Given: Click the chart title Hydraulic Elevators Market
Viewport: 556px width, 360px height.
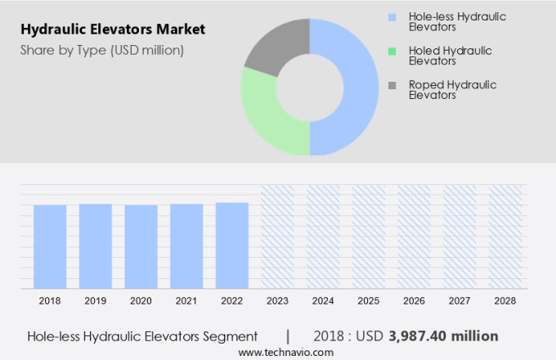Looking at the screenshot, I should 112,30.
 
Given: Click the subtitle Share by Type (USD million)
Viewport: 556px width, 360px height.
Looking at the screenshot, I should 101,51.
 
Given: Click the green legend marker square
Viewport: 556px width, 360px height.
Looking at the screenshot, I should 392,51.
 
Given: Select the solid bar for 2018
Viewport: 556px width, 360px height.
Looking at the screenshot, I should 50,246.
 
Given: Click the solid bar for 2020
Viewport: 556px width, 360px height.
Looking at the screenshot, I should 141,246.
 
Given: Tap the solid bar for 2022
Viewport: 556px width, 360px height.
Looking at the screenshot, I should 232,245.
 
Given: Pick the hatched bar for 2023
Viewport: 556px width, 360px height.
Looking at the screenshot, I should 277,236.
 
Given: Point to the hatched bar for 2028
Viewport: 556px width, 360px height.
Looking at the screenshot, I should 504,236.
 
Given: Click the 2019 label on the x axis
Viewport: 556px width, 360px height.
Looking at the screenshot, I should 95,301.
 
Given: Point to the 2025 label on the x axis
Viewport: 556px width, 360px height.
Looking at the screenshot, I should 368,301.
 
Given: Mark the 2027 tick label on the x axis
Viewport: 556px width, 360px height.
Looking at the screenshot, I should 459,301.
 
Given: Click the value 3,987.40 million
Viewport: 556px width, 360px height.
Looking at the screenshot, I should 442,336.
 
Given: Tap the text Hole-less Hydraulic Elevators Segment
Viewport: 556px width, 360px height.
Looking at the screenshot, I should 142,336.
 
